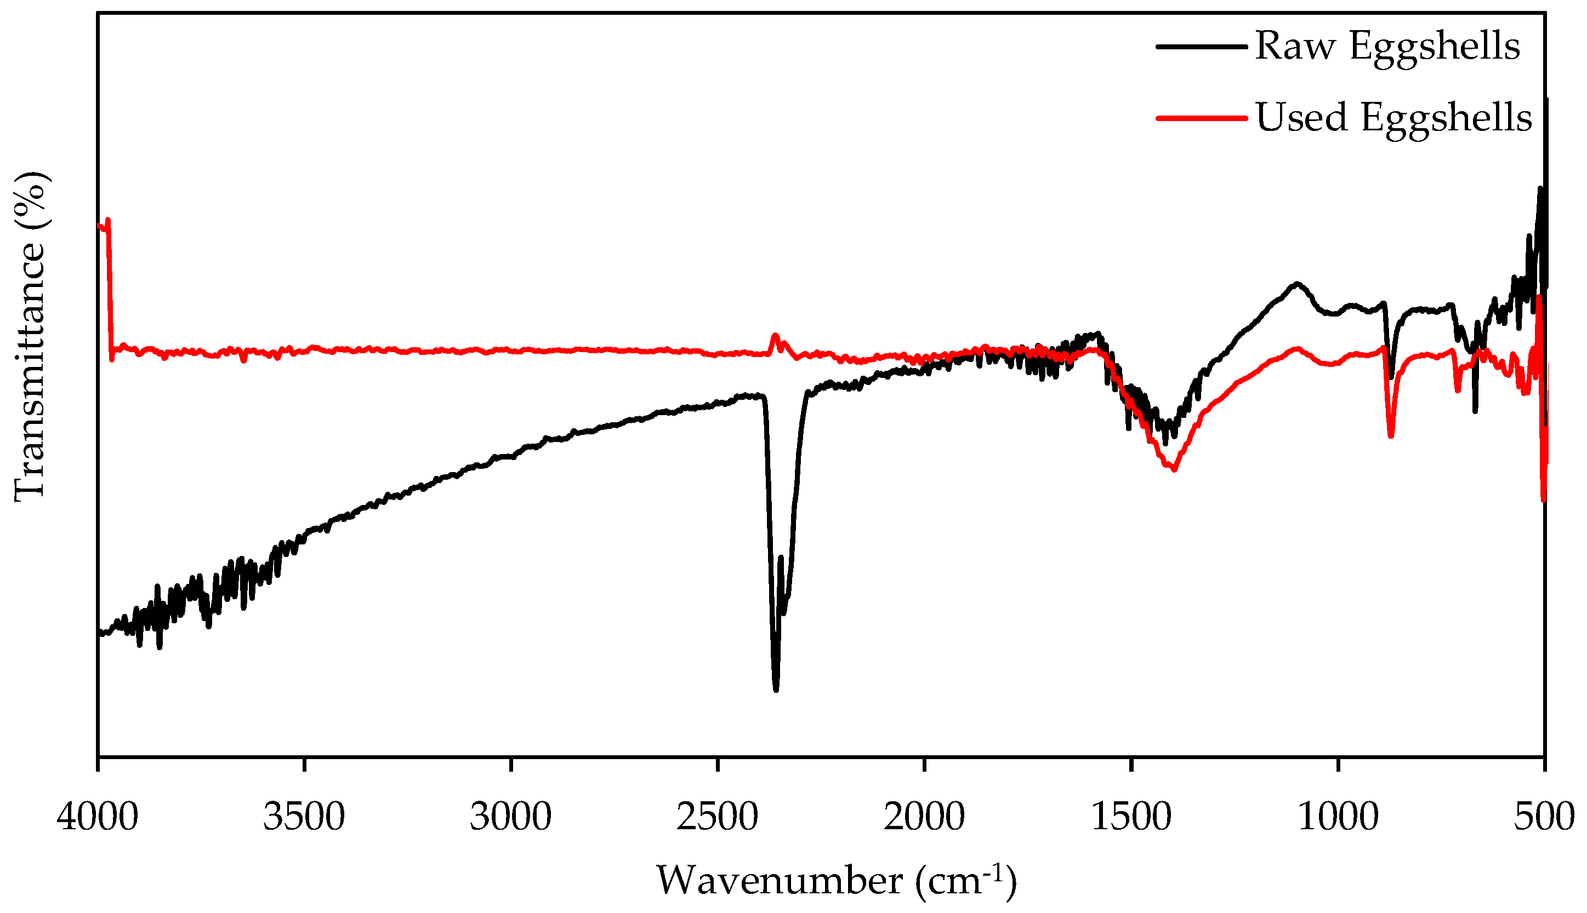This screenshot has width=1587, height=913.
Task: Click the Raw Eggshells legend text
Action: click(x=1387, y=47)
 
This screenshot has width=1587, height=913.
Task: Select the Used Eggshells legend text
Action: click(x=1393, y=117)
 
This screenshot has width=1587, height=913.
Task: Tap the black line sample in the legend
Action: click(x=1201, y=47)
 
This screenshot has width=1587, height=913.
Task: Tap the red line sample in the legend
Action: click(x=1201, y=117)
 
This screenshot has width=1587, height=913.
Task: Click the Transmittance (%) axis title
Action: click(x=30, y=336)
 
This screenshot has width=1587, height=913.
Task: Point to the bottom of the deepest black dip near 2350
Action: click(x=776, y=689)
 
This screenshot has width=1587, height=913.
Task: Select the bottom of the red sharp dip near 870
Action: click(x=1391, y=436)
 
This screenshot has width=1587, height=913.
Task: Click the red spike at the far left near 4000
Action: click(x=109, y=220)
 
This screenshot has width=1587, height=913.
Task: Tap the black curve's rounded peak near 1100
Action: click(x=1296, y=284)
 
